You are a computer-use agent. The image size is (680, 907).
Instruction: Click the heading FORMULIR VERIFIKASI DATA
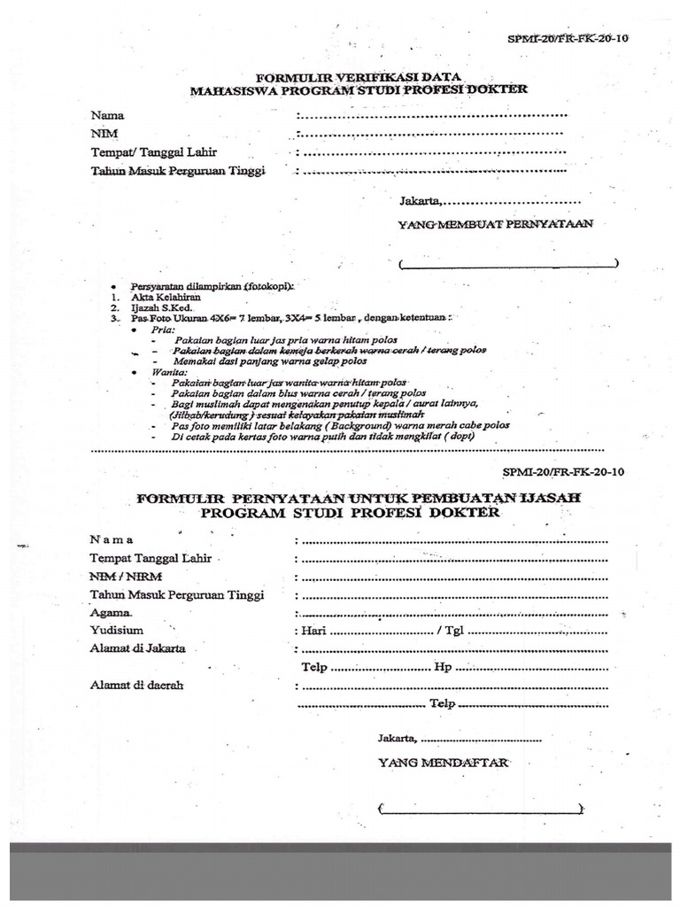tap(358, 77)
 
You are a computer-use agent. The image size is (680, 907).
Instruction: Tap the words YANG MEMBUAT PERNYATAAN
tap(495, 225)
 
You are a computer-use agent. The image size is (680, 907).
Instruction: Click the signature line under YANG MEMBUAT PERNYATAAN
tap(508, 264)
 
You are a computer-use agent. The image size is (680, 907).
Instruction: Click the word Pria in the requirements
tap(163, 329)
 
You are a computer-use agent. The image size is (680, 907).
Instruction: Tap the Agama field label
tap(112, 613)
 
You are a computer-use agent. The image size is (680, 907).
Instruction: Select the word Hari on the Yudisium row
tap(315, 632)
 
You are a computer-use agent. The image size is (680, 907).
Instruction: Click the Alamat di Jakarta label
tap(137, 648)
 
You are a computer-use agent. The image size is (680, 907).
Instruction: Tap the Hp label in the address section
tap(443, 667)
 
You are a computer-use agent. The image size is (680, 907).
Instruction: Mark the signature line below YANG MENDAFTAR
tap(480, 809)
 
